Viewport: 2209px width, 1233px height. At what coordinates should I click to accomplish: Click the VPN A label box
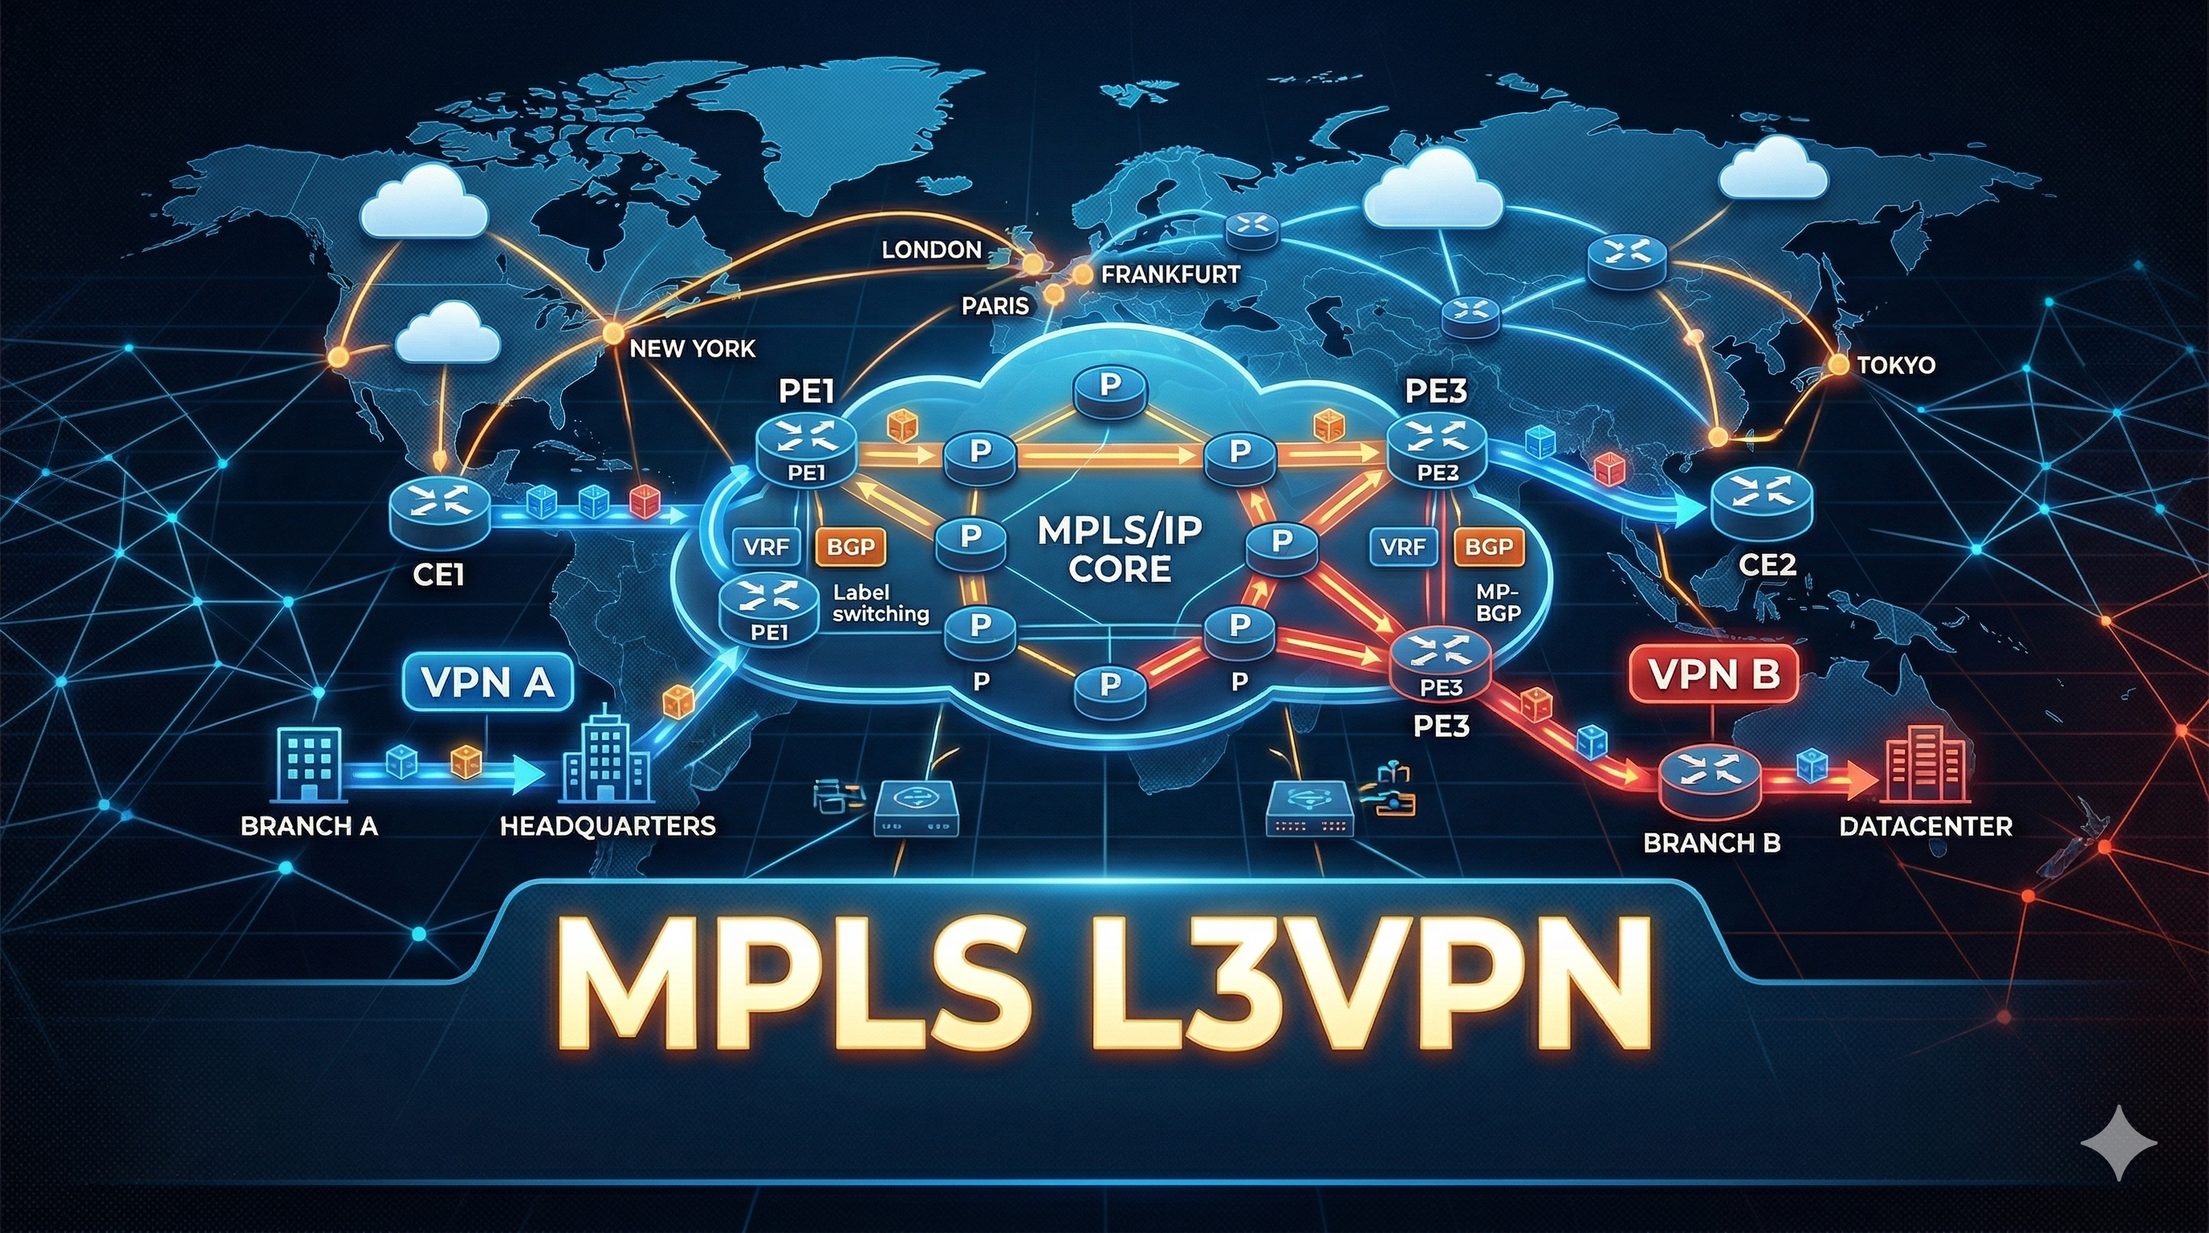tap(487, 682)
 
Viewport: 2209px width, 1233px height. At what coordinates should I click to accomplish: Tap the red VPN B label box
tap(1712, 675)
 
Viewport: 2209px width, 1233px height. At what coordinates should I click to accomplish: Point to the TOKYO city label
tap(1896, 365)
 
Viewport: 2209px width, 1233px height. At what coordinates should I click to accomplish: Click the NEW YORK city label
tap(692, 349)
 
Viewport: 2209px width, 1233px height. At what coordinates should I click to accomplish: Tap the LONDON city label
tap(931, 250)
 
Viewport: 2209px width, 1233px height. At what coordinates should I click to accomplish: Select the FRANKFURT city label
tap(1170, 275)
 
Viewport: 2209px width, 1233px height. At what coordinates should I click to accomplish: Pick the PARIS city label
tap(995, 305)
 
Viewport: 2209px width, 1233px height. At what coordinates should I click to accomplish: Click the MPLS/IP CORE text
tap(1120, 550)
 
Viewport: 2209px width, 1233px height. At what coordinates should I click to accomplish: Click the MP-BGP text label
tap(1498, 602)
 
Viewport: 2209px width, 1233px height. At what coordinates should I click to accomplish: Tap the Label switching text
tap(881, 603)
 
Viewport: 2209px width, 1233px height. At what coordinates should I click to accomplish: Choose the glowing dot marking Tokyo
tap(1837, 364)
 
